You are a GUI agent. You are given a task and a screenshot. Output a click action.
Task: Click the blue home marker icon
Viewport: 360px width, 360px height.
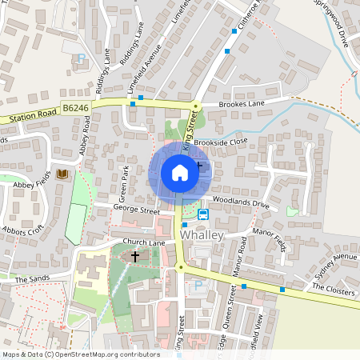180,172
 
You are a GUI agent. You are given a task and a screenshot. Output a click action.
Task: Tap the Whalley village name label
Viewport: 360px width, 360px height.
203,237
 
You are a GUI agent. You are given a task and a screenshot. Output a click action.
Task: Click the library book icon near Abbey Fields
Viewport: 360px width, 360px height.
63,174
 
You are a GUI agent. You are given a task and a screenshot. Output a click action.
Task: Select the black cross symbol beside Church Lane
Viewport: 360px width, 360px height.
135,257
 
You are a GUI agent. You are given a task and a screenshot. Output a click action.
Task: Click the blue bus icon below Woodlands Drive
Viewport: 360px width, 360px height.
203,214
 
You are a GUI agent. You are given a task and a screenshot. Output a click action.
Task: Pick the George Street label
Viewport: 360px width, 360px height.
137,210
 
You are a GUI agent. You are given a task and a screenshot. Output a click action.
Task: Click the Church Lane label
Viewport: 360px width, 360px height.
143,242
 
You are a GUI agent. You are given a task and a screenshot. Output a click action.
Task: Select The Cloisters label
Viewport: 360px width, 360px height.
333,293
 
